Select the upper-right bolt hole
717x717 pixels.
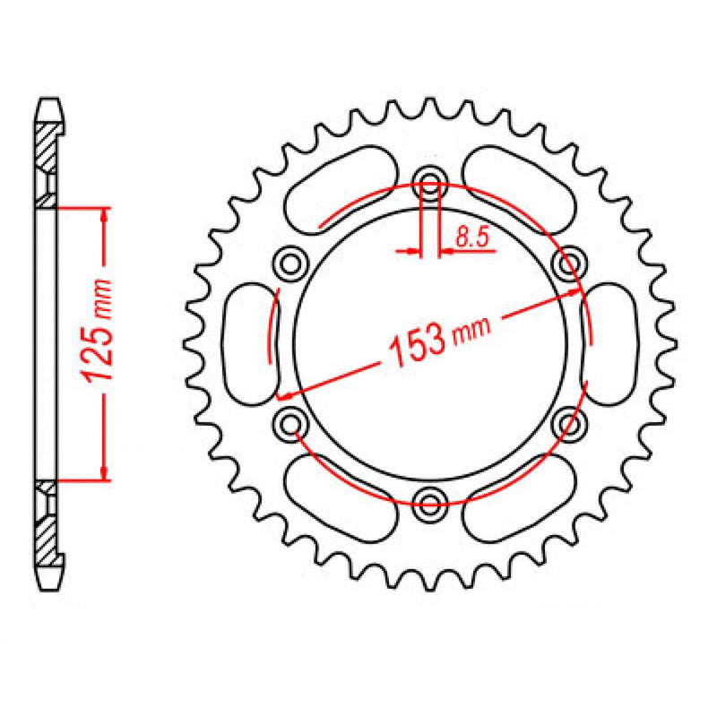pos(566,263)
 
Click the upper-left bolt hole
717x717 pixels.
pos(290,263)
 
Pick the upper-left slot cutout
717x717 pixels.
pos(340,186)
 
